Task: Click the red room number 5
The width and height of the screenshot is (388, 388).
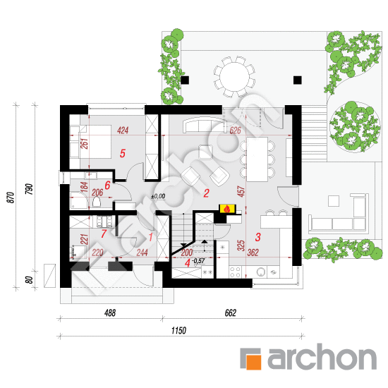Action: [123, 153]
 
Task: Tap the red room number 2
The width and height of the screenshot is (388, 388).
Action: [206, 193]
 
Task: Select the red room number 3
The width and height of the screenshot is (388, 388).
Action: [257, 237]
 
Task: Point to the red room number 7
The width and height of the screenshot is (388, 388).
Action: [104, 234]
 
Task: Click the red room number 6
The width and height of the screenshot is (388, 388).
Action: [107, 185]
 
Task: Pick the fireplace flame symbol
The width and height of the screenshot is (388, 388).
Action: [227, 209]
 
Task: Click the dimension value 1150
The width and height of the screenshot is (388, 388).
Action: [178, 330]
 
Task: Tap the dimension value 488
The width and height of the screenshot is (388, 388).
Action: [110, 313]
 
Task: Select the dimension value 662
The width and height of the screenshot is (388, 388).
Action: [231, 313]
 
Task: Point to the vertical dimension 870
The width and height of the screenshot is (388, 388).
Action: [11, 198]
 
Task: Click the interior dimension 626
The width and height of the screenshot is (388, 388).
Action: [235, 131]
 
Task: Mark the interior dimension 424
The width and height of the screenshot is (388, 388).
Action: [123, 131]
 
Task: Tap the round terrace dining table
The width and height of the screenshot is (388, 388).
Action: [234, 77]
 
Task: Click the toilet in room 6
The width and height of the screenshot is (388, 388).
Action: [97, 202]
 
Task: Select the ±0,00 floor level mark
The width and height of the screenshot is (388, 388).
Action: [158, 197]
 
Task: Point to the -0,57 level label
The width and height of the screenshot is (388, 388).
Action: [198, 260]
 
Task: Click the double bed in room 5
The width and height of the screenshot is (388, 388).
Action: [95, 142]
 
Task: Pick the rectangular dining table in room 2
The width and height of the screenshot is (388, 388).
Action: [257, 159]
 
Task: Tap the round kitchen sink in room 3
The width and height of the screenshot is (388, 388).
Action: [260, 272]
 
